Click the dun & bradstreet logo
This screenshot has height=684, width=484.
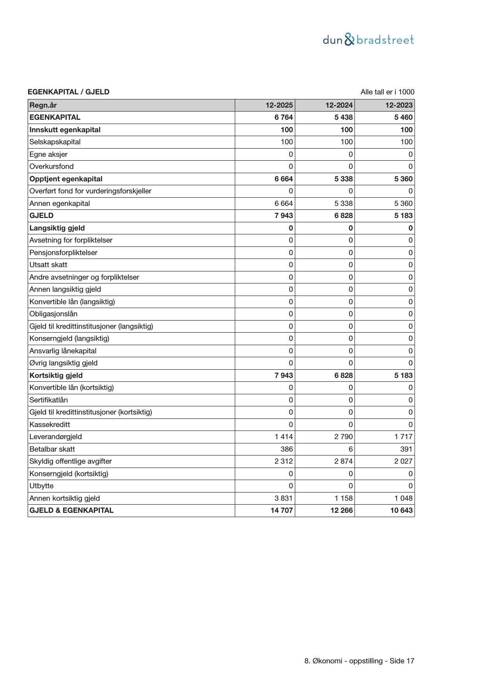pos(368,40)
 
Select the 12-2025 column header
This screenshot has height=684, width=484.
pos(279,105)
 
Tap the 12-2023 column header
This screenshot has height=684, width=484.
pos(399,105)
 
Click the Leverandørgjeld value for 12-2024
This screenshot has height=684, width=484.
pos(343,437)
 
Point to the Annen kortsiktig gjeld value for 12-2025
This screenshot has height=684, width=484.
pos(284,498)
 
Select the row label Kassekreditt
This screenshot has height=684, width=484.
pos(50,424)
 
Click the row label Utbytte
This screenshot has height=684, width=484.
pos(41,486)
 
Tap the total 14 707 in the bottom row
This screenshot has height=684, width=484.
pos(282,510)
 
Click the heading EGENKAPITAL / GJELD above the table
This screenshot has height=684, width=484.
pos(68,92)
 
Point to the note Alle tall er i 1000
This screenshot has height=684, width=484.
pos(387,92)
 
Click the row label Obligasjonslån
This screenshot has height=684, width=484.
pos(53,314)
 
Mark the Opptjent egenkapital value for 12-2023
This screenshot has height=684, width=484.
pos(403,179)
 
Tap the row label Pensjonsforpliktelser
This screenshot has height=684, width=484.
pos(63,252)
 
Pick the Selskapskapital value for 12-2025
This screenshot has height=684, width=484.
pos(287,142)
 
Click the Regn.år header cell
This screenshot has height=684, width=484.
pos(43,105)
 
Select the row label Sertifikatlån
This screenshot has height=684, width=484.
pos(48,400)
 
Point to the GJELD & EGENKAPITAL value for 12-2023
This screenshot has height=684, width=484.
pos(401,510)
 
